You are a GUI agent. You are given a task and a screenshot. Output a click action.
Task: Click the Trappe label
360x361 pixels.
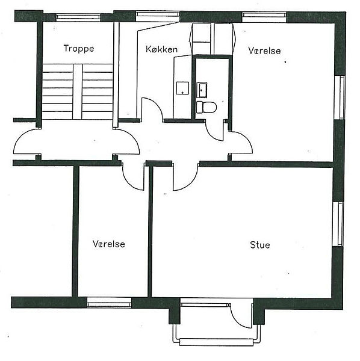(x=79, y=49)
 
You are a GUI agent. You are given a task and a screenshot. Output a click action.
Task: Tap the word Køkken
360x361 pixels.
(x=162, y=49)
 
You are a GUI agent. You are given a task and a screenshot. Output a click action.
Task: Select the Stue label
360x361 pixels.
(x=260, y=245)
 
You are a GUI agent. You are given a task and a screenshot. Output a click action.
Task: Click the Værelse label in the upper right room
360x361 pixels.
(x=265, y=51)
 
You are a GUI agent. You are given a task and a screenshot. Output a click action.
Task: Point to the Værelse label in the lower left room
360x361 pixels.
(x=109, y=244)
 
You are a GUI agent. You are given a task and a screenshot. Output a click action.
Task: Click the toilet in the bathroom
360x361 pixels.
(x=206, y=107)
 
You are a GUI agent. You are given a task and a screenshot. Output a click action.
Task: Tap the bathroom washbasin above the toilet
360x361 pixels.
(x=202, y=90)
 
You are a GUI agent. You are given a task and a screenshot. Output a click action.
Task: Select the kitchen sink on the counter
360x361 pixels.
(x=182, y=88)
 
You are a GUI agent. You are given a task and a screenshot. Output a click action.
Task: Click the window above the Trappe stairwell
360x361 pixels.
(x=78, y=17)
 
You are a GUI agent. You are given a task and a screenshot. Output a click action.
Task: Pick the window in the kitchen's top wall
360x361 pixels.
(x=158, y=14)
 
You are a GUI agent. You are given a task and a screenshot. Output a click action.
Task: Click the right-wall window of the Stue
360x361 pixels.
(x=338, y=224)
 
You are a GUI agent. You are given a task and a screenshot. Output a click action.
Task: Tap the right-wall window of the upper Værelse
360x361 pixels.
(x=340, y=97)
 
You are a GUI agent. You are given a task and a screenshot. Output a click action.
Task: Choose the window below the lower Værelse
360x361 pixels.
(x=109, y=302)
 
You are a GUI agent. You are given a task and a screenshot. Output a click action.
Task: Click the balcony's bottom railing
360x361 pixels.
(x=216, y=342)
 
